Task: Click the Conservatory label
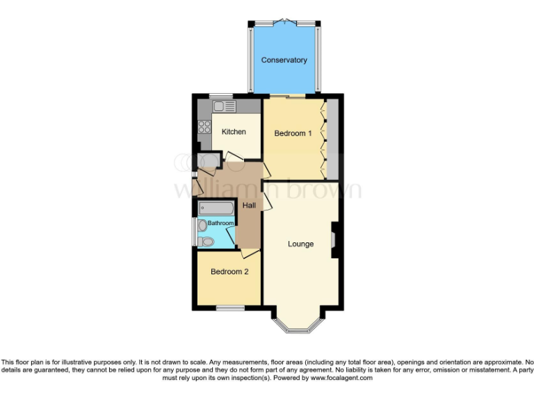[284, 60]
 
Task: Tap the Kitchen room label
[234, 132]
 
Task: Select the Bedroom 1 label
[293, 133]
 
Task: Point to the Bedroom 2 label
[229, 272]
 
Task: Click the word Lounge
[301, 244]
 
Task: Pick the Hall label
[249, 206]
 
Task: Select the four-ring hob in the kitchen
[205, 127]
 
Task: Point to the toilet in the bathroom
[207, 242]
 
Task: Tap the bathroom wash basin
[202, 226]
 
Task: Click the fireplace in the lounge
[334, 240]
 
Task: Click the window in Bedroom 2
[229, 308]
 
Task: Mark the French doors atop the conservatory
[285, 22]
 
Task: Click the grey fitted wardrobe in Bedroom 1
[332, 139]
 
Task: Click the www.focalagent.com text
[337, 378]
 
